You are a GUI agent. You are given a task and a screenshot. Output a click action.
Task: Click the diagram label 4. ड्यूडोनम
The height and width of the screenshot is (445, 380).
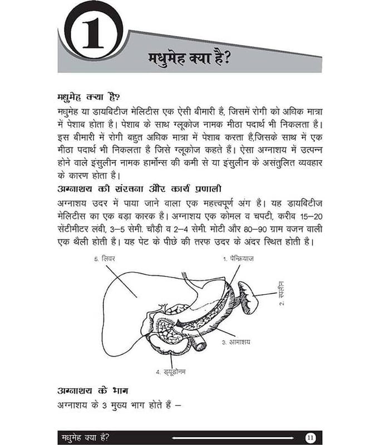pyautogui.click(x=170, y=371)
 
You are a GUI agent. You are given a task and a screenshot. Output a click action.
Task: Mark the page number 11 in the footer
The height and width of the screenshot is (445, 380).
pyautogui.click(x=310, y=437)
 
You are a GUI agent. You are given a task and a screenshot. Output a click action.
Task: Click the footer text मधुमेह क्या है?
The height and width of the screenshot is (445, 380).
pyautogui.click(x=85, y=437)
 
